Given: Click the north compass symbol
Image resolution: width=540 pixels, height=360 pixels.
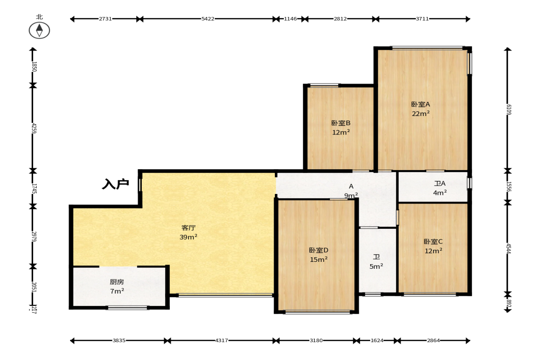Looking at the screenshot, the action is (39, 30).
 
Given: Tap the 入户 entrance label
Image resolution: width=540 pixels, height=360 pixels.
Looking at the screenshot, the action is (115, 184).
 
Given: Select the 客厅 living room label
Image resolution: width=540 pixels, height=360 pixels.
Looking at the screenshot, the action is (189, 228).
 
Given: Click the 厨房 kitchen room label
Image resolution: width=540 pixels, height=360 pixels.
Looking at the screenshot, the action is (117, 282).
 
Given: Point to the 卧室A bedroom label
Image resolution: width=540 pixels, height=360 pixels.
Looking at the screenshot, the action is (421, 104).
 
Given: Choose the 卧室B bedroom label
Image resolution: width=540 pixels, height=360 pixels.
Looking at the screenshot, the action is (341, 123).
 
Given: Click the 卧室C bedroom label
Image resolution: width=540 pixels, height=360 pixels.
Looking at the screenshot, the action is (433, 242).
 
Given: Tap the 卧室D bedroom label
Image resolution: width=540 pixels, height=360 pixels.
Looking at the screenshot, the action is (318, 250).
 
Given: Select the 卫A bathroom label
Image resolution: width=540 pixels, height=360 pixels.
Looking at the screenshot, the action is (440, 183).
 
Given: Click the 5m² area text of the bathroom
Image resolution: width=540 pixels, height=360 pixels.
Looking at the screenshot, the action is (376, 266).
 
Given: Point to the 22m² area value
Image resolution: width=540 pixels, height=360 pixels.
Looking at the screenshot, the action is (421, 114).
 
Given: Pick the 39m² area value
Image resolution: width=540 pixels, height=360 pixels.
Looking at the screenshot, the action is (189, 237).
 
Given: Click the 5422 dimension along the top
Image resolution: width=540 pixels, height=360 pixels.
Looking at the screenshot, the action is (208, 19).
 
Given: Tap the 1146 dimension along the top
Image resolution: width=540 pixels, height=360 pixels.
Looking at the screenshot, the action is (290, 19).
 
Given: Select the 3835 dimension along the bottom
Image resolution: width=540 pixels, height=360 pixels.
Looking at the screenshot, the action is (119, 340).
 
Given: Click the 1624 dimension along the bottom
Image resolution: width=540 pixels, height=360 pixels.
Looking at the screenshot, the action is (377, 340).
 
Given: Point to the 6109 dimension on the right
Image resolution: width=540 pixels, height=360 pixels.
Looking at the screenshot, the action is (509, 110).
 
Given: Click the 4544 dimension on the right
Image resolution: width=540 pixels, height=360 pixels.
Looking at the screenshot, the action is (509, 248).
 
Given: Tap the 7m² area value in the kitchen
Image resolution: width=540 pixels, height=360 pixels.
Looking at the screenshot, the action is (117, 291).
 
